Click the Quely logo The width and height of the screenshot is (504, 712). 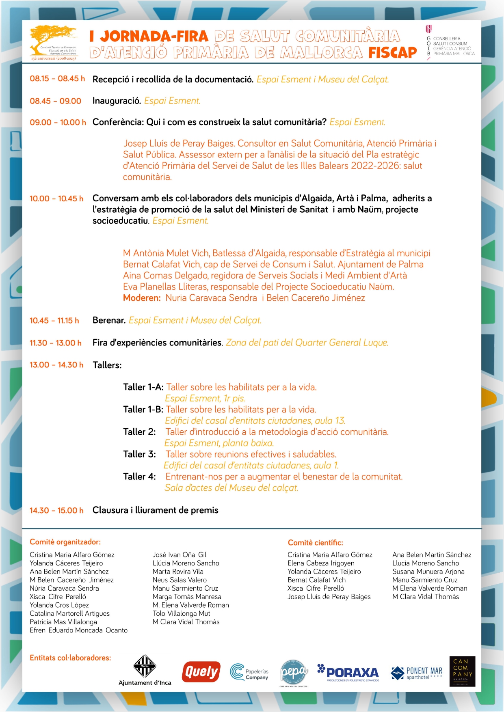click(201, 672)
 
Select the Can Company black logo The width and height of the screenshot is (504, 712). click(462, 671)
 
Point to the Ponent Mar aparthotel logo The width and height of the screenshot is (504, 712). click(417, 673)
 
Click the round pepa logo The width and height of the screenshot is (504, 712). click(294, 672)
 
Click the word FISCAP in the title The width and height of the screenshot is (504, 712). click(392, 52)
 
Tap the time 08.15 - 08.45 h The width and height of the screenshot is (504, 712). click(57, 79)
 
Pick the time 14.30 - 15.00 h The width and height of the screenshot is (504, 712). click(56, 510)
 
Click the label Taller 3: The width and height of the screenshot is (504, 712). click(139, 454)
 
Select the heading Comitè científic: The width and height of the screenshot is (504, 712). click(315, 543)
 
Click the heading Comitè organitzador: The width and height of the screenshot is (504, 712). click(65, 542)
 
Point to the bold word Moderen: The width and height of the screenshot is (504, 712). click(142, 298)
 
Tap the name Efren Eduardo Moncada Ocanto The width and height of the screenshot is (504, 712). click(78, 630)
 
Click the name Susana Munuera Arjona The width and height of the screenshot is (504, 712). click(428, 572)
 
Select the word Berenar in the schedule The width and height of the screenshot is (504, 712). click(108, 320)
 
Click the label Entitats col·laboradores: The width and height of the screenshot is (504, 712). click(70, 658)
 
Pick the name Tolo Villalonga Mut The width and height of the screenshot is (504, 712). click(181, 613)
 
